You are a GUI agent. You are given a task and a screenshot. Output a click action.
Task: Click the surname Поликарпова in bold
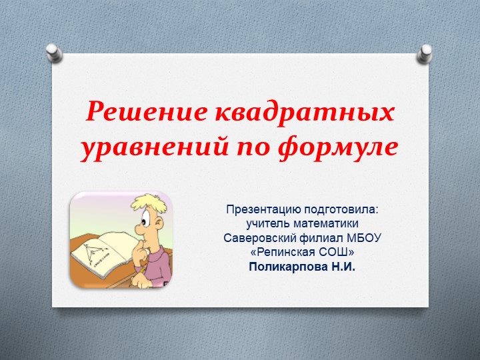pos(287,267)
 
